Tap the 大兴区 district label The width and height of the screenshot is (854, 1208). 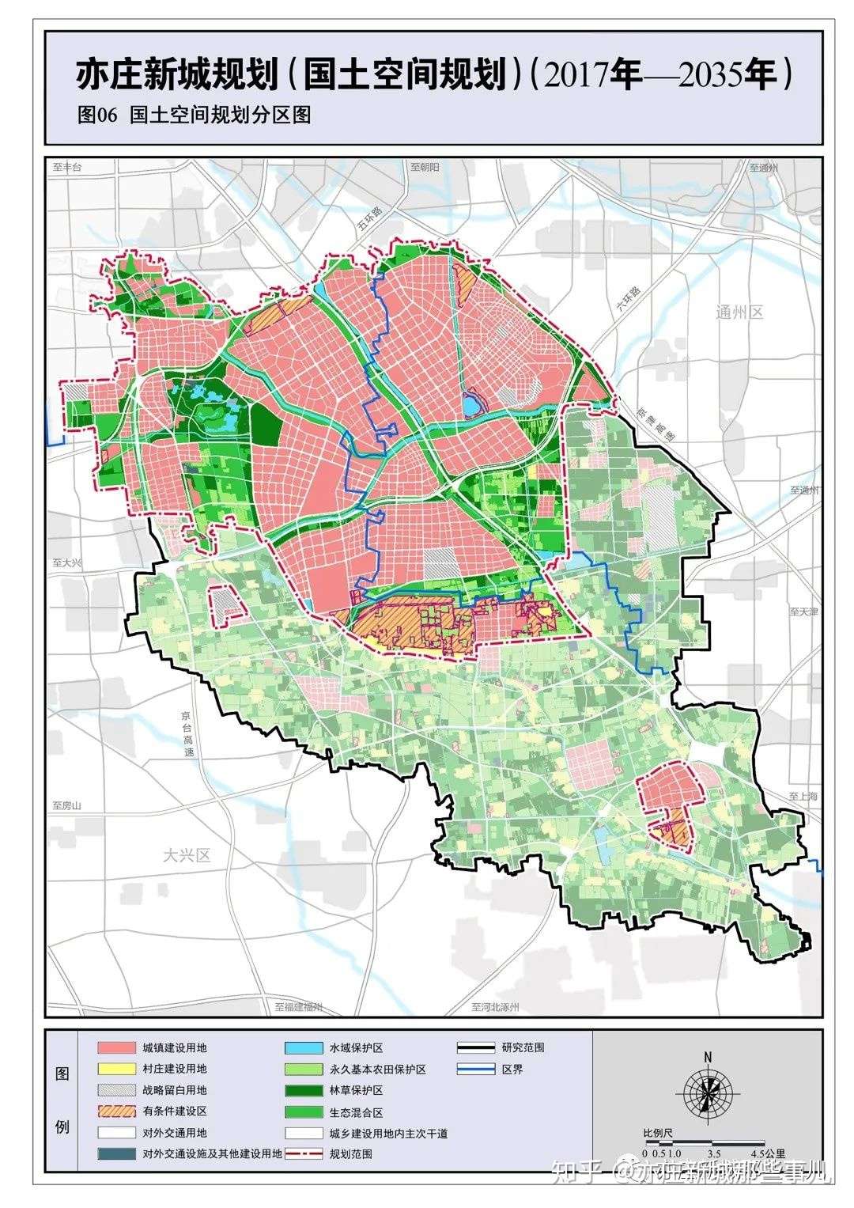click(x=187, y=855)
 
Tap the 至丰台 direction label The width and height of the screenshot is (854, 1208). click(x=67, y=168)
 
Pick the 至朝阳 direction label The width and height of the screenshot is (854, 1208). click(x=425, y=168)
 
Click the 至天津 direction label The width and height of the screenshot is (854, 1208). click(x=803, y=612)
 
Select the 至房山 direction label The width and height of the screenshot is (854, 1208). click(x=67, y=805)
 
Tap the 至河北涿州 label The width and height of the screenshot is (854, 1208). click(x=494, y=1007)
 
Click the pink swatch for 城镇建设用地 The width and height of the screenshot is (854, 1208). click(x=116, y=1047)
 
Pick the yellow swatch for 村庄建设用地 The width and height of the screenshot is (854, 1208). click(x=116, y=1069)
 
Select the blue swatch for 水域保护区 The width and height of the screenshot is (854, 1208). click(x=304, y=1047)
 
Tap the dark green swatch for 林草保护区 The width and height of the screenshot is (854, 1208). click(x=304, y=1090)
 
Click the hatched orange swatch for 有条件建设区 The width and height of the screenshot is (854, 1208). click(x=116, y=1111)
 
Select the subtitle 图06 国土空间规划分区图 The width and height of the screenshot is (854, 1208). click(x=194, y=115)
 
